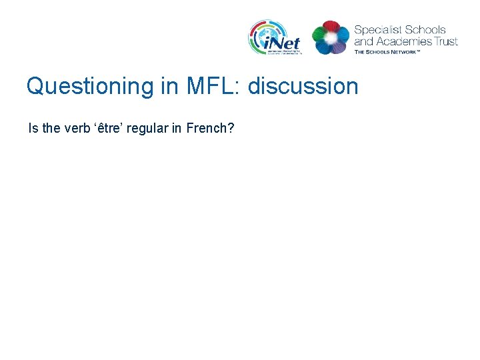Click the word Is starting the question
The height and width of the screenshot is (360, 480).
point(33,128)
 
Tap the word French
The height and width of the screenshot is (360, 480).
point(207,128)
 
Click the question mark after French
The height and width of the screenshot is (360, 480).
point(231,128)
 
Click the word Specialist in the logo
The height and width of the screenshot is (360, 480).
point(378,30)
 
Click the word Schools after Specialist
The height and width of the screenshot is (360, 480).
point(426,30)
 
